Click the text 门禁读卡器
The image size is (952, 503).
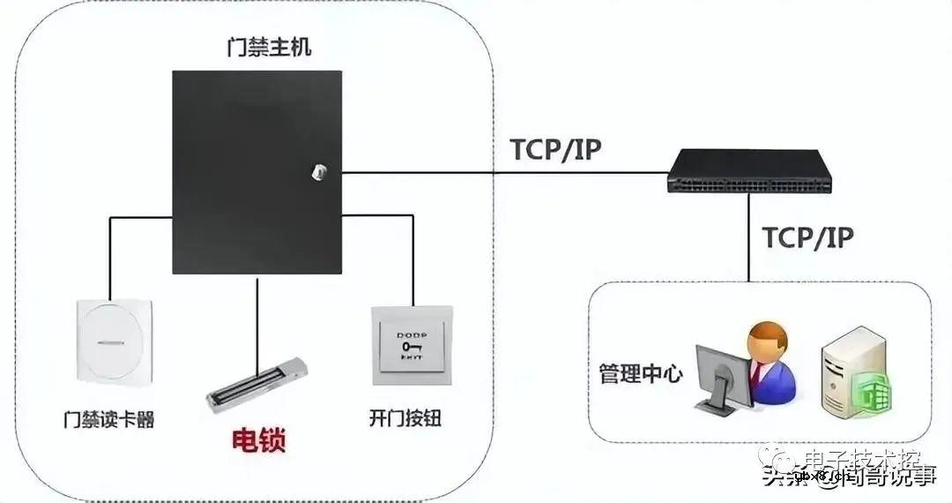pos(108,419)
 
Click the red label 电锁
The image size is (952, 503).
pos(258,439)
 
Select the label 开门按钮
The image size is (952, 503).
pos(405,419)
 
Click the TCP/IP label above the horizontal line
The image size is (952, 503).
pos(555,150)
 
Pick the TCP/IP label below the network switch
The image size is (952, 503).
pos(807,237)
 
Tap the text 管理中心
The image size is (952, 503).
pos(635,373)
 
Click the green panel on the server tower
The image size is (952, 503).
pos(873,392)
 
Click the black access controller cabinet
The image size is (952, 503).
pos(256,172)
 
